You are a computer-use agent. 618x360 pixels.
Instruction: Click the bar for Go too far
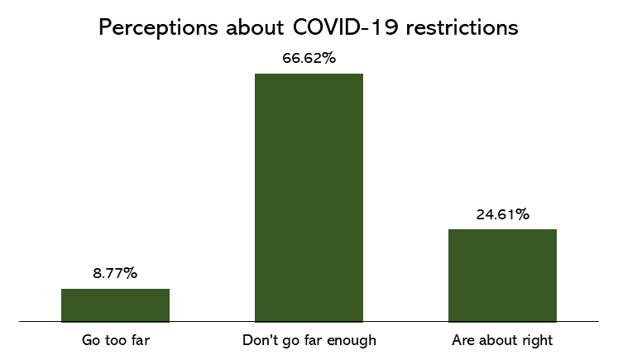(x=115, y=305)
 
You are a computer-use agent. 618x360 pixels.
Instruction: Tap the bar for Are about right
(x=502, y=275)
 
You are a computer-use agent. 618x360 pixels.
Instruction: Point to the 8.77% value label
(x=115, y=273)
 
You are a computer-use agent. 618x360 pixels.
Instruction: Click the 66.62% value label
(x=309, y=58)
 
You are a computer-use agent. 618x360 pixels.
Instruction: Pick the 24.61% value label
(x=502, y=214)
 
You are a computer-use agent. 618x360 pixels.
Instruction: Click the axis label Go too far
(x=115, y=340)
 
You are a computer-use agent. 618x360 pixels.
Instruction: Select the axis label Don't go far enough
(x=309, y=340)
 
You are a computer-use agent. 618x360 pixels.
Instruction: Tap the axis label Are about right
(x=502, y=340)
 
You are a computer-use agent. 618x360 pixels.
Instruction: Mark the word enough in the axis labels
(x=353, y=341)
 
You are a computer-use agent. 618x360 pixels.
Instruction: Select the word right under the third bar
(x=537, y=341)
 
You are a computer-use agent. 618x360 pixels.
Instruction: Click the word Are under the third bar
(x=463, y=340)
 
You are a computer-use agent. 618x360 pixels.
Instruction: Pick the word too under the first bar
(x=116, y=340)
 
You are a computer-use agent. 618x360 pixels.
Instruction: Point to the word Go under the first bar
(x=91, y=340)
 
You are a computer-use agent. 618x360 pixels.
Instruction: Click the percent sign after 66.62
(x=328, y=58)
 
